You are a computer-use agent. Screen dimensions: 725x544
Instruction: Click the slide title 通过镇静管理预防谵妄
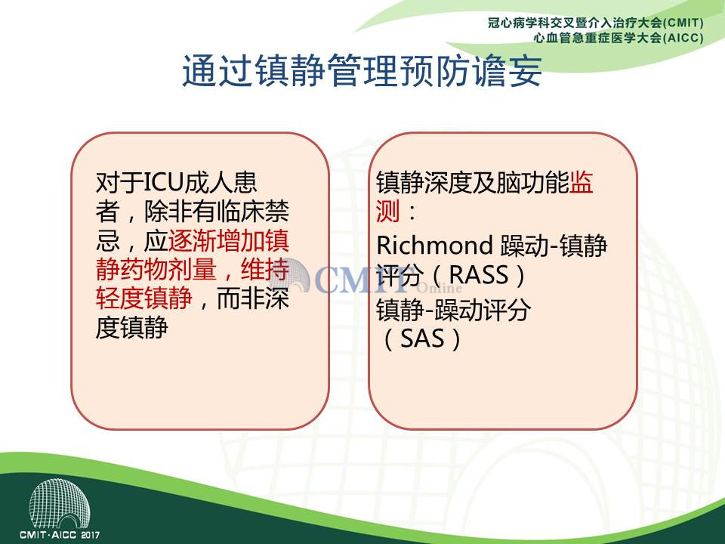tap(362, 71)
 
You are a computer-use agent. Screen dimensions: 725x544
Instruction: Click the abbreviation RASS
tap(479, 275)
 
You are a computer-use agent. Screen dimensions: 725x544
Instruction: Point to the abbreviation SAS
tap(422, 338)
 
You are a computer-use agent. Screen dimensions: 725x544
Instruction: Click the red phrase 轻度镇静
tap(143, 298)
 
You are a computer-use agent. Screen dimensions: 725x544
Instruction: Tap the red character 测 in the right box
tap(387, 212)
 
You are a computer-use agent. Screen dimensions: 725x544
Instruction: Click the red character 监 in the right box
tap(581, 182)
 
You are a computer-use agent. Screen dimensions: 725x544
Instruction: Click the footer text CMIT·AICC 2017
tap(60, 535)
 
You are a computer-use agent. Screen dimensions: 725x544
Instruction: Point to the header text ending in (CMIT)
tap(596, 23)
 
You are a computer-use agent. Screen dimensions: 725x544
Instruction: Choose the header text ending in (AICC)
tap(619, 38)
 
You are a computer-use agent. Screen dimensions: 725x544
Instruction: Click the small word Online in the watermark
tap(440, 288)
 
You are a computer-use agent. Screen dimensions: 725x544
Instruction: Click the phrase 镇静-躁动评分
tap(453, 310)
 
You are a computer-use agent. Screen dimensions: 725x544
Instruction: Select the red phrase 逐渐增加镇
tap(228, 240)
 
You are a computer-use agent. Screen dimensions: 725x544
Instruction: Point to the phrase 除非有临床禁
tap(217, 212)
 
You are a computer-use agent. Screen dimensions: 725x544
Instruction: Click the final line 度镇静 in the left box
tap(131, 327)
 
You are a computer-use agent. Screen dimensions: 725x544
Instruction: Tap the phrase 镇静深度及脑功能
tap(473, 182)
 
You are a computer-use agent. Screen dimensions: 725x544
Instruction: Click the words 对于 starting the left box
tap(120, 182)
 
